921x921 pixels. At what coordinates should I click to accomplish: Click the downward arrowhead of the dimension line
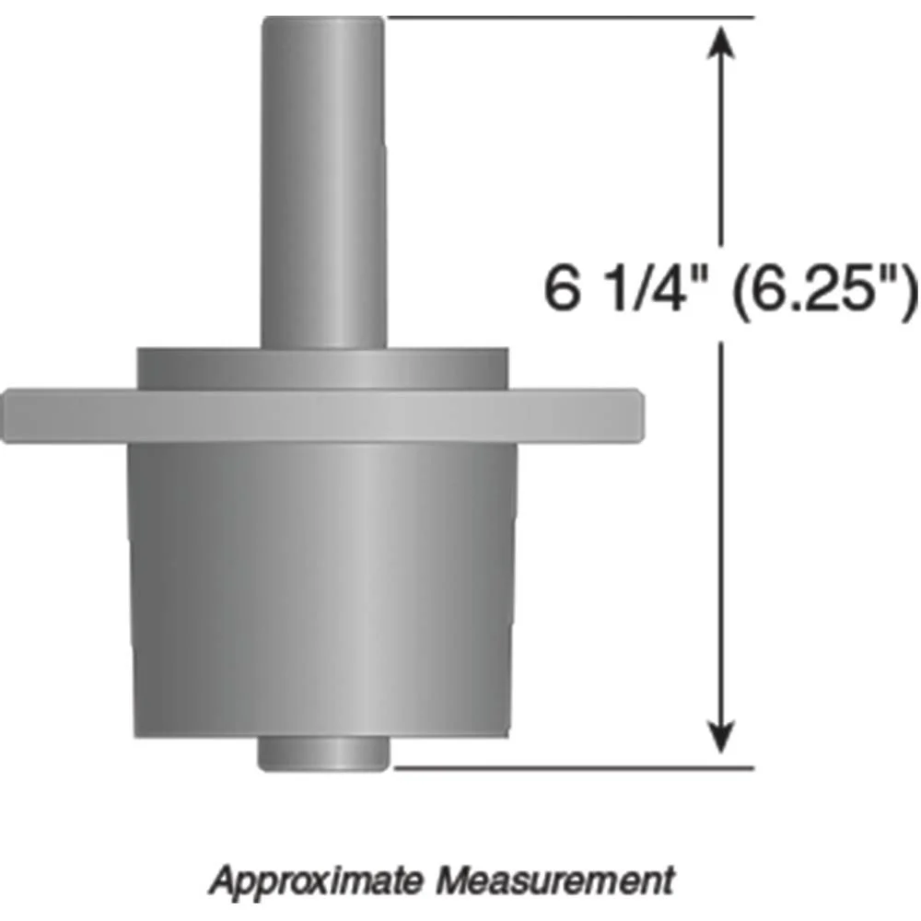(723, 742)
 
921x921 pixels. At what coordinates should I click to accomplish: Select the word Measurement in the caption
(554, 880)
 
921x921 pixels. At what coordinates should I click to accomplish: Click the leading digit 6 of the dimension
(558, 291)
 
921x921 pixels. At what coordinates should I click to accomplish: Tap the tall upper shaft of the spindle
(322, 184)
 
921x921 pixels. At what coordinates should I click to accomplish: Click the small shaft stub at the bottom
(322, 753)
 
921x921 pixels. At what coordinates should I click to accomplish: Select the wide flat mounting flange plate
(322, 415)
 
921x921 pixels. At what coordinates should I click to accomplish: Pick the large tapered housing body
(322, 589)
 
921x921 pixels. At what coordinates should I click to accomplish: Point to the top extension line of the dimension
(571, 17)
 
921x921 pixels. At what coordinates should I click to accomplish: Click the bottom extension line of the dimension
(571, 765)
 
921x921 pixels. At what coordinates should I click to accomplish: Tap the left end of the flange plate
(11, 415)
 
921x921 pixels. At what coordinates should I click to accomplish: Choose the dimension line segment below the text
(723, 534)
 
